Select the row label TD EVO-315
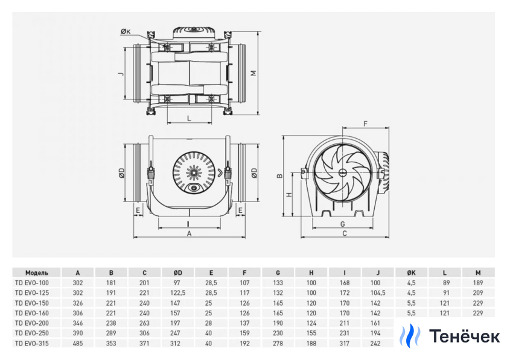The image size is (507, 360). click(31, 344)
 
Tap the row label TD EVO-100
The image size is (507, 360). click(31, 282)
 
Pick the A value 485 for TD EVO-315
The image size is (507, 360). click(78, 344)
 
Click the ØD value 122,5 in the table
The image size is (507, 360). click(177, 292)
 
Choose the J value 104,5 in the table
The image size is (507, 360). click(378, 292)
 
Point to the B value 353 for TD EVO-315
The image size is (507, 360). click(110, 344)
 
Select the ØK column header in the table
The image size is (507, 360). click(412, 273)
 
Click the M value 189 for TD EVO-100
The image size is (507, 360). click(479, 282)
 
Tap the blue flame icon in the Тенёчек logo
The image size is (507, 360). click(410, 336)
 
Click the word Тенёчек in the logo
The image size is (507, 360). click(465, 336)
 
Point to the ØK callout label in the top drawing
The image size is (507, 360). click(125, 31)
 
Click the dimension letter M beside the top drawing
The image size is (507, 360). click(253, 73)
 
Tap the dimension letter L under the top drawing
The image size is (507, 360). click(189, 118)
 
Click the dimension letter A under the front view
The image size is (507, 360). click(189, 233)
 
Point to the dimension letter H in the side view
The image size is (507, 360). click(289, 195)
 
